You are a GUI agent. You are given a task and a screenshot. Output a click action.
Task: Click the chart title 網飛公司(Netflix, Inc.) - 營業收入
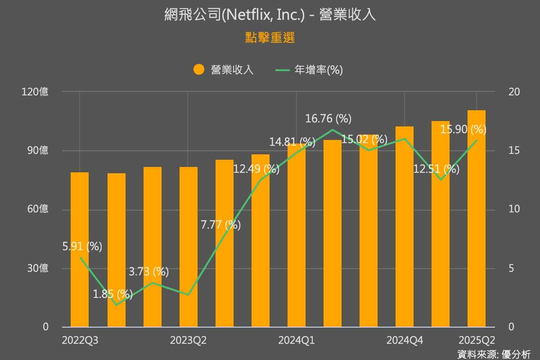(x=270, y=15)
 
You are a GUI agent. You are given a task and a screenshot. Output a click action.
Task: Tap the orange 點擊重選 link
(x=270, y=38)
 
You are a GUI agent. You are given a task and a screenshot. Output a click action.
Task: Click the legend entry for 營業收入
(x=224, y=70)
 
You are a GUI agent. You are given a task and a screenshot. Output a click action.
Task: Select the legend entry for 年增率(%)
(x=310, y=70)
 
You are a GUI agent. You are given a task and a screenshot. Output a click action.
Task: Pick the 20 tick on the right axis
(x=514, y=92)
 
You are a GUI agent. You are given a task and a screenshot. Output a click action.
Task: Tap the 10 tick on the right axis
(x=514, y=209)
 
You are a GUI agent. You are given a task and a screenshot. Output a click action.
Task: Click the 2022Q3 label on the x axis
(x=80, y=341)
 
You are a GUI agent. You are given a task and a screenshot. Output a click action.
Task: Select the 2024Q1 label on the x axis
(x=297, y=341)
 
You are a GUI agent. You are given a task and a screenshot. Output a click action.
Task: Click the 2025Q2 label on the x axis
(x=477, y=341)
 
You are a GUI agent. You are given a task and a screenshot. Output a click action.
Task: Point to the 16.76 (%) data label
(x=328, y=119)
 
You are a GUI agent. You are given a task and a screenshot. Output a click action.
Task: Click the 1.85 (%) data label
(x=113, y=294)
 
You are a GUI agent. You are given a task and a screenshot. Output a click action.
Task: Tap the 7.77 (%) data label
(x=221, y=225)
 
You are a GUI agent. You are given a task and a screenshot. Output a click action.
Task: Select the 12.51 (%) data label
(x=436, y=169)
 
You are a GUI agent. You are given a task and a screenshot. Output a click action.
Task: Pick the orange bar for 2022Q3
(x=80, y=252)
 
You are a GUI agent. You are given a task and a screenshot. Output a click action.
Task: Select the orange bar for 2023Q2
(x=189, y=247)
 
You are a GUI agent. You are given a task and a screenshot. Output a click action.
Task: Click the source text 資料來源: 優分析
(x=494, y=354)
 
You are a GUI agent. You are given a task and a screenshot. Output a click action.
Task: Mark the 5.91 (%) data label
(x=82, y=247)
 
